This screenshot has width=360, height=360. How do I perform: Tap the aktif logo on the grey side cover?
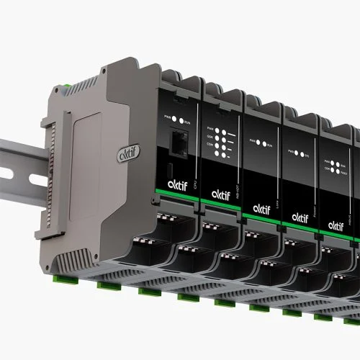coord(123,153)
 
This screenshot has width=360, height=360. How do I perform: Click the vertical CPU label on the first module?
coord(197,194)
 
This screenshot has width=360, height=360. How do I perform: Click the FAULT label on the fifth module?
coord(346,172)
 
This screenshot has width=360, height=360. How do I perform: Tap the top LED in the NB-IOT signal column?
coord(226,127)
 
